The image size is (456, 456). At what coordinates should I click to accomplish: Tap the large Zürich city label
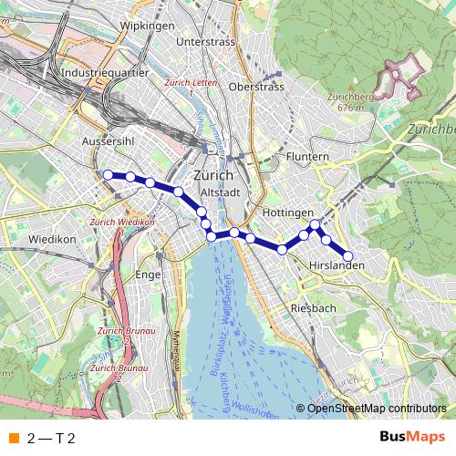[215, 175]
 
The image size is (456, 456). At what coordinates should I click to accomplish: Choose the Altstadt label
[220, 192]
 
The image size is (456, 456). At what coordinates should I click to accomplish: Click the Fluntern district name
[307, 157]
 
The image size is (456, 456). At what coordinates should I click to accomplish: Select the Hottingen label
[288, 212]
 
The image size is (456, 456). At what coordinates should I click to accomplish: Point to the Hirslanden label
[337, 265]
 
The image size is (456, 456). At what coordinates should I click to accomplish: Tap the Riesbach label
[313, 308]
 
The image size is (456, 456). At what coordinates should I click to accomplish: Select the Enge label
[148, 274]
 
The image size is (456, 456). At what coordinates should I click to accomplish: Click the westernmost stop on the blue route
[108, 174]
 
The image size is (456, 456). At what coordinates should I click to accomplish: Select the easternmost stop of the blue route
[347, 256]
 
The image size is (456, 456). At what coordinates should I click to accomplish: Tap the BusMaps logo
[411, 437]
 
